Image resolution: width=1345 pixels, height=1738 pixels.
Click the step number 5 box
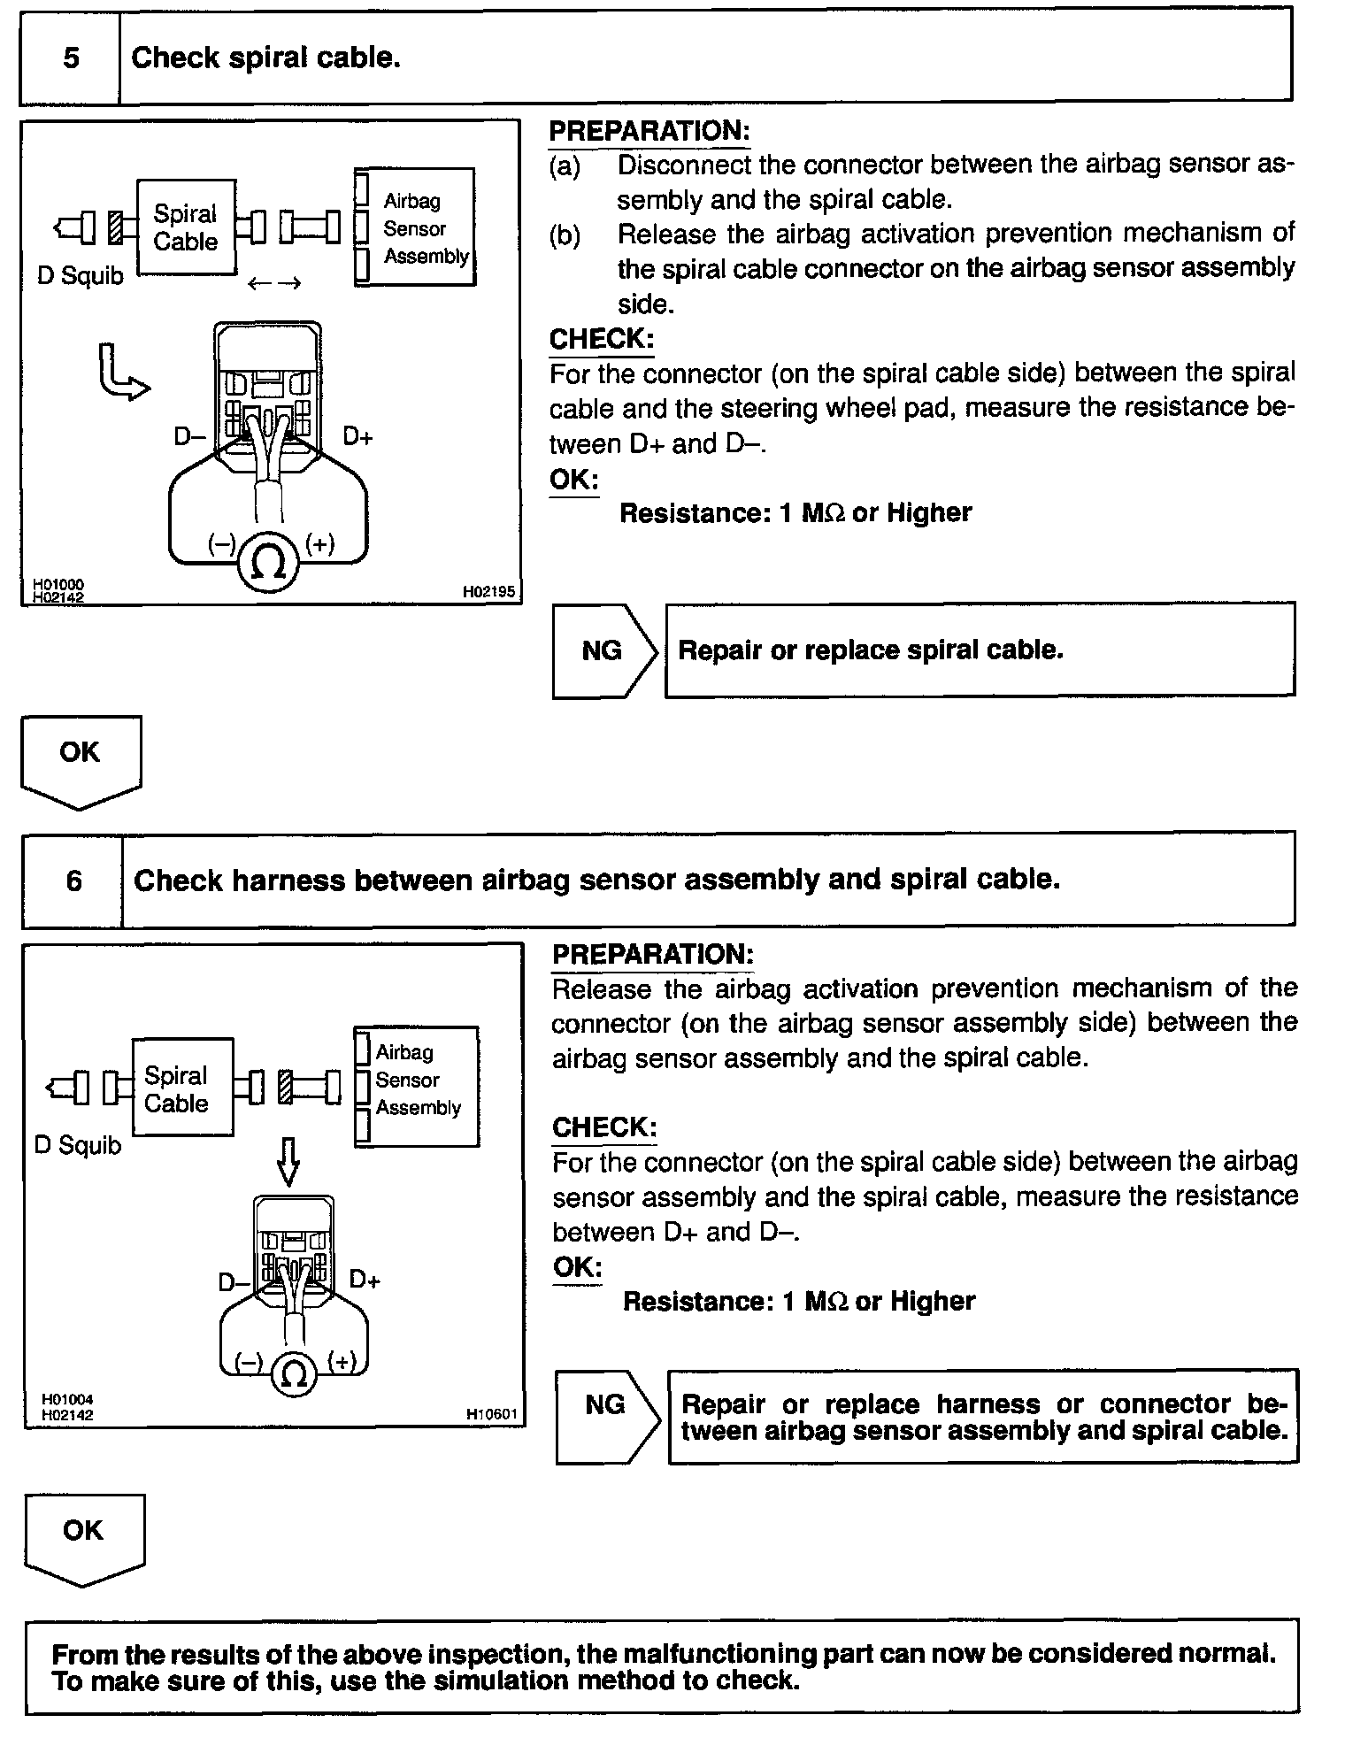pos(70,58)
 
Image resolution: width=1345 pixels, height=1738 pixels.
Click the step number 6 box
pos(73,881)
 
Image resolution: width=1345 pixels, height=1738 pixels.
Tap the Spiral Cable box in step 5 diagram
pos(186,227)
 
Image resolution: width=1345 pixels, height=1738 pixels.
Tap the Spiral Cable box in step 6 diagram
pos(182,1088)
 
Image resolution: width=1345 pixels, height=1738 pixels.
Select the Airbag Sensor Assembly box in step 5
pos(415,227)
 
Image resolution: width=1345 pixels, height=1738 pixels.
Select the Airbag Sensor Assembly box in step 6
pos(417,1087)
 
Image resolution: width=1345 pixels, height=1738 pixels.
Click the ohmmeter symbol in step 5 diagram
pos(269,560)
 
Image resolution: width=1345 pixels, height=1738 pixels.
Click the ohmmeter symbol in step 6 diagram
pos(295,1373)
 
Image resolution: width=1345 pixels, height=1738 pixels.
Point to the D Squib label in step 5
pos(81,276)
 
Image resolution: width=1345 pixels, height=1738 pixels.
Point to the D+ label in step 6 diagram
pos(365,1279)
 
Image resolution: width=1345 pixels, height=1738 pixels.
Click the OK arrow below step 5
pos(81,760)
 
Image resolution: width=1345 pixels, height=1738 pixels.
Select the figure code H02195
pos(488,591)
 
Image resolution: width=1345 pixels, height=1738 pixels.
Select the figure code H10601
pos(491,1413)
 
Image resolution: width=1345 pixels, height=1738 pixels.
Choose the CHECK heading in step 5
pos(602,339)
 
